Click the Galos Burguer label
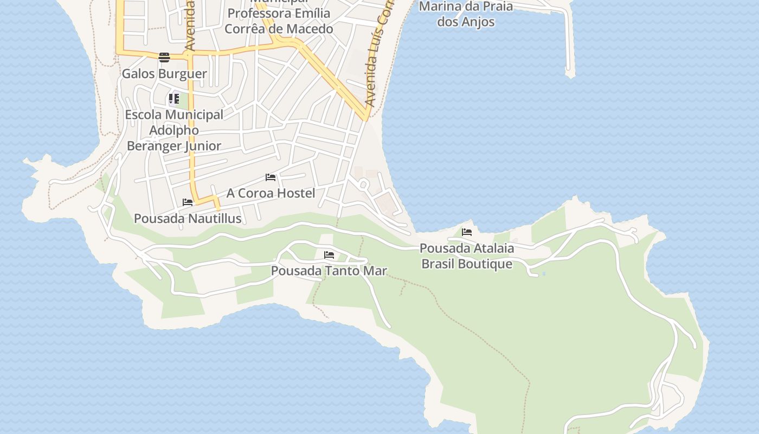(164, 74)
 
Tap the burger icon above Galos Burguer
(164, 57)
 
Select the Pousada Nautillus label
(188, 219)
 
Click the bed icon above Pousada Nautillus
(188, 202)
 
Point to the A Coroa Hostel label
(271, 193)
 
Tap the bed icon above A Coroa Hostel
(271, 177)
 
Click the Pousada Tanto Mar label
(329, 270)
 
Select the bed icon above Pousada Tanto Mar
(329, 254)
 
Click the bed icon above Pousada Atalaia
(467, 232)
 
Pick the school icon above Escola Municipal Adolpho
(173, 99)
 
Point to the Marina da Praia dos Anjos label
(466, 14)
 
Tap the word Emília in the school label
(311, 13)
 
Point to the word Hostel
(296, 193)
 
